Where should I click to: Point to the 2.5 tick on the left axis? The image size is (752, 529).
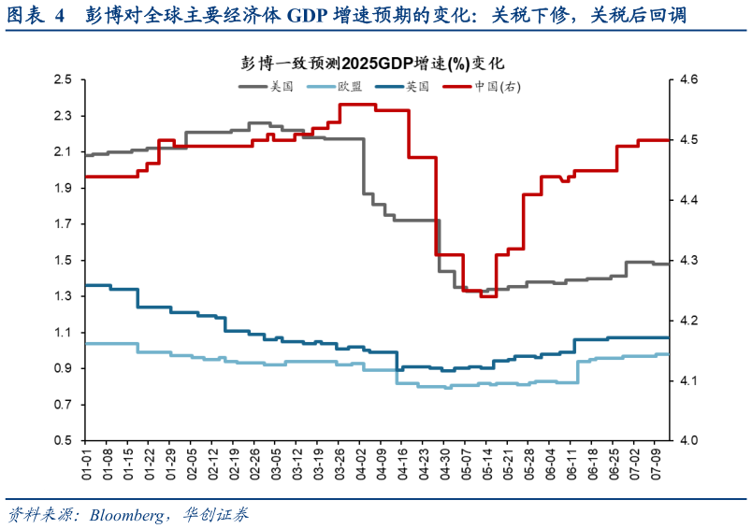pyautogui.click(x=63, y=80)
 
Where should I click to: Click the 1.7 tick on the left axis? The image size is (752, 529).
pyautogui.click(x=63, y=224)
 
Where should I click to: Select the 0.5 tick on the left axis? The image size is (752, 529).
pyautogui.click(x=63, y=440)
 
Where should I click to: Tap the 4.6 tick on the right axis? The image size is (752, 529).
pyautogui.click(x=688, y=80)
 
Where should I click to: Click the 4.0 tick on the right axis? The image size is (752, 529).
pyautogui.click(x=688, y=440)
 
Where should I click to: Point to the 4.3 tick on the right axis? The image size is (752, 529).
pyautogui.click(x=688, y=261)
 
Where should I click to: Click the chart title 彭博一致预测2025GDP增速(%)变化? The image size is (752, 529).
pyautogui.click(x=372, y=64)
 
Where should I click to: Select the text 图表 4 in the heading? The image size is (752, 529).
pyautogui.click(x=34, y=15)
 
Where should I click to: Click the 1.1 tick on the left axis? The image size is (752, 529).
pyautogui.click(x=63, y=333)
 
